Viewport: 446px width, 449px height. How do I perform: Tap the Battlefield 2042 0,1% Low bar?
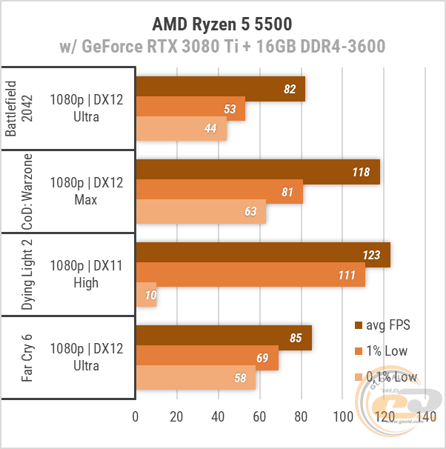point(181,129)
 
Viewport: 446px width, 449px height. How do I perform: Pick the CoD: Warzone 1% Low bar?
point(219,191)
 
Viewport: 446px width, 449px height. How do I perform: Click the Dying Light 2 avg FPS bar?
point(262,255)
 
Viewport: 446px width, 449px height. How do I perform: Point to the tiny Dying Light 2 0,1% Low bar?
point(146,295)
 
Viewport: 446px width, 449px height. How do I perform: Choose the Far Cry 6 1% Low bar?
point(207,359)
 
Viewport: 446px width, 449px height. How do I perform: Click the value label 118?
point(361,172)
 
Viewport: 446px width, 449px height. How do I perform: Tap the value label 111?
point(347,275)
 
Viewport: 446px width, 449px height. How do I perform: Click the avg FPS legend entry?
point(382,325)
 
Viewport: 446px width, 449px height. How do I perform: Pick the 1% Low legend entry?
point(381,351)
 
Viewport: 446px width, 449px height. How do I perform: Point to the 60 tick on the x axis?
point(260,417)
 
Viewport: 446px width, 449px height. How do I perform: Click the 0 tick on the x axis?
point(135,417)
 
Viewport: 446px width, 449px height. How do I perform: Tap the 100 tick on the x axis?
point(343,417)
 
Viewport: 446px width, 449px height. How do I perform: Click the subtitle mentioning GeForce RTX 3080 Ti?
point(222,47)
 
